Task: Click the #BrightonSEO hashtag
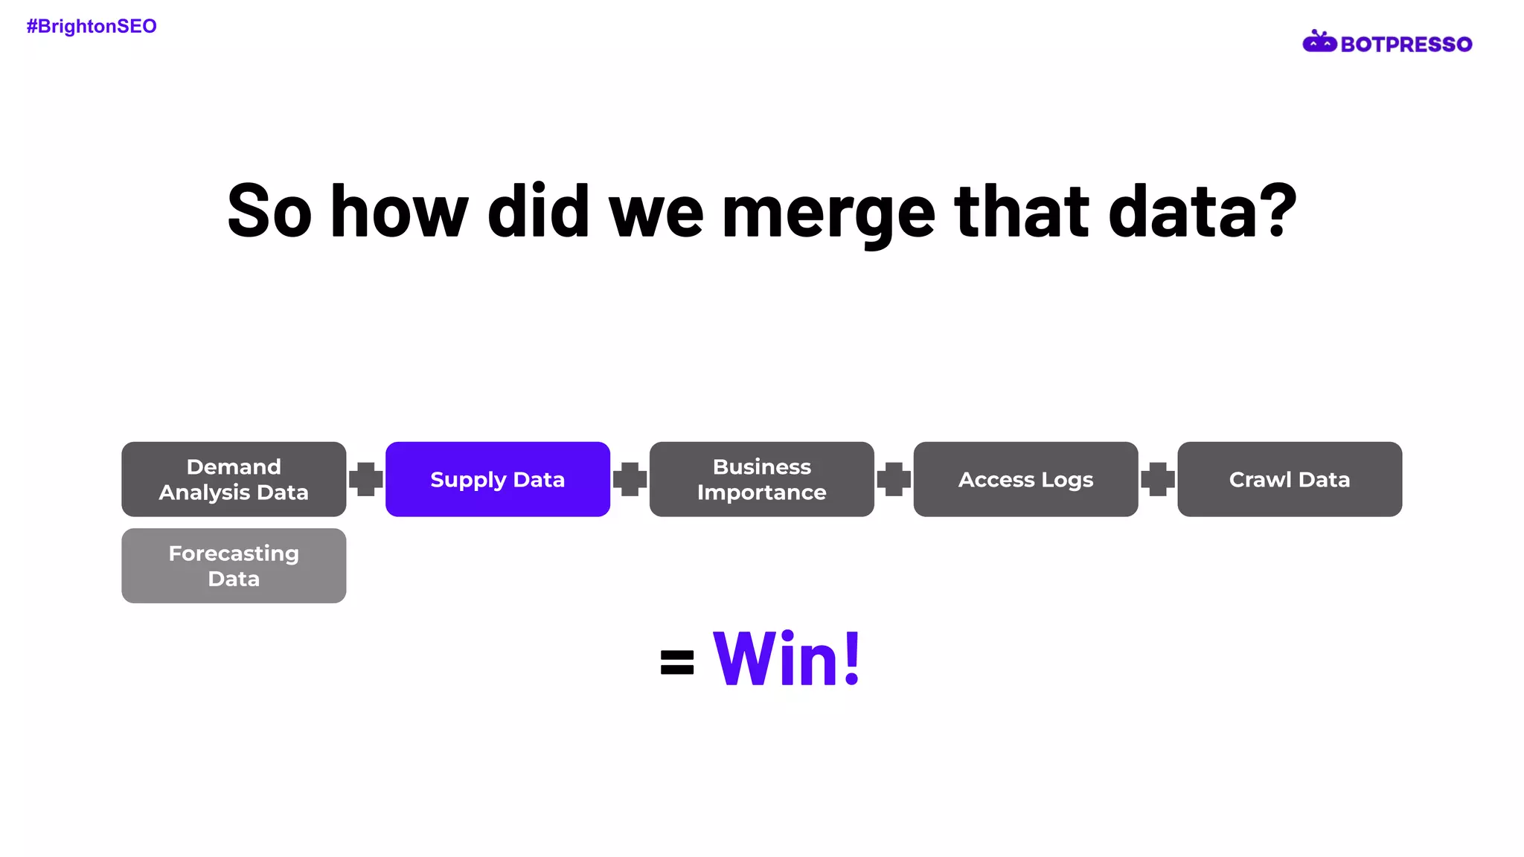(92, 27)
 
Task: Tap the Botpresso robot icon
(1319, 42)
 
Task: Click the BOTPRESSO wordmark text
(1406, 45)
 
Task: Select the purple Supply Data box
(497, 479)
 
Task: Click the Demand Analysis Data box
(234, 479)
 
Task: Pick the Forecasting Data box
(234, 565)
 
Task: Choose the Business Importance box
(761, 479)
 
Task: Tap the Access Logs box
(1025, 479)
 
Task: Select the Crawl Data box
(1289, 479)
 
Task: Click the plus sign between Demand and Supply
(365, 479)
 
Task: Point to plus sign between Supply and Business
(630, 479)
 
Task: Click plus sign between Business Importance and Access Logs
(894, 479)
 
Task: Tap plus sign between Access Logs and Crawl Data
(1157, 479)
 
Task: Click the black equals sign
(676, 662)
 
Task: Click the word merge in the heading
(828, 214)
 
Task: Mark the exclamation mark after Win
(853, 658)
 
